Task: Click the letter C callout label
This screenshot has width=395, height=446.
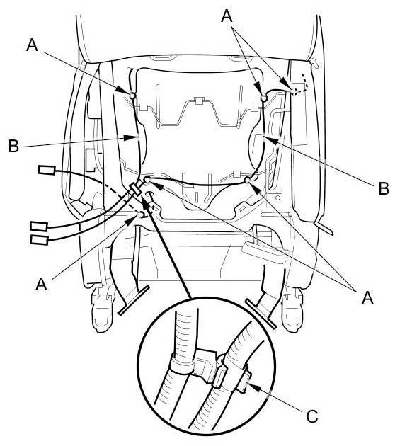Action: coord(312,416)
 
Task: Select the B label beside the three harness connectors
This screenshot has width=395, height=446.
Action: coord(13,146)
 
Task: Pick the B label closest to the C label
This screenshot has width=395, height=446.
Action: coord(384,188)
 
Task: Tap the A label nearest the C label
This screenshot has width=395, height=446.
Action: coord(367,297)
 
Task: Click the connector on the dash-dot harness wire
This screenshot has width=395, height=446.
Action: coord(47,170)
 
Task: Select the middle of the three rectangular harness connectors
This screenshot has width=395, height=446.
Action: coord(39,226)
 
